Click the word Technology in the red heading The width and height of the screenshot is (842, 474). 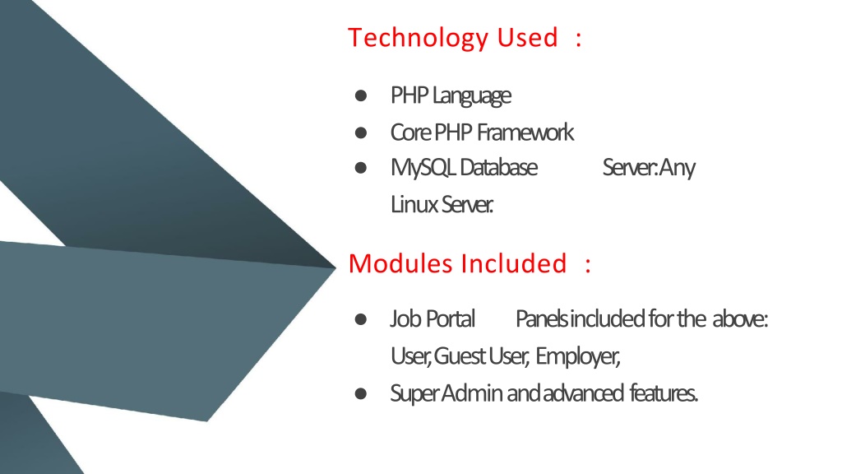tap(419, 38)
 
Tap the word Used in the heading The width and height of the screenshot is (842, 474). tap(527, 38)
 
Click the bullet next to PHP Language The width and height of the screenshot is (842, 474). tap(361, 95)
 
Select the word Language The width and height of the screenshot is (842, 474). tap(471, 96)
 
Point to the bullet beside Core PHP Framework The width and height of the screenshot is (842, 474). tap(361, 132)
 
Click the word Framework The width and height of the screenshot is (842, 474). tap(525, 132)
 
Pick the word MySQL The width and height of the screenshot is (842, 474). tap(423, 168)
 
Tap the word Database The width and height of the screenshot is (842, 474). tap(498, 168)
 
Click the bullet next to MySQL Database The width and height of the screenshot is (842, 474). tap(361, 168)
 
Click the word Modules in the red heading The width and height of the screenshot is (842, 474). tap(400, 263)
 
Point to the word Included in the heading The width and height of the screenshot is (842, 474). tap(514, 263)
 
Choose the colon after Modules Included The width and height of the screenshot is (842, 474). tap(588, 264)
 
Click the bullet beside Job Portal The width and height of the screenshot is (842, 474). tap(361, 319)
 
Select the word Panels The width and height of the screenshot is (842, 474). tap(543, 318)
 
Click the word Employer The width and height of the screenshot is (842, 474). tap(578, 356)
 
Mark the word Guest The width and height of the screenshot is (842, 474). tap(459, 355)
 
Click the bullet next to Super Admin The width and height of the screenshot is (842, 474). tap(361, 394)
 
